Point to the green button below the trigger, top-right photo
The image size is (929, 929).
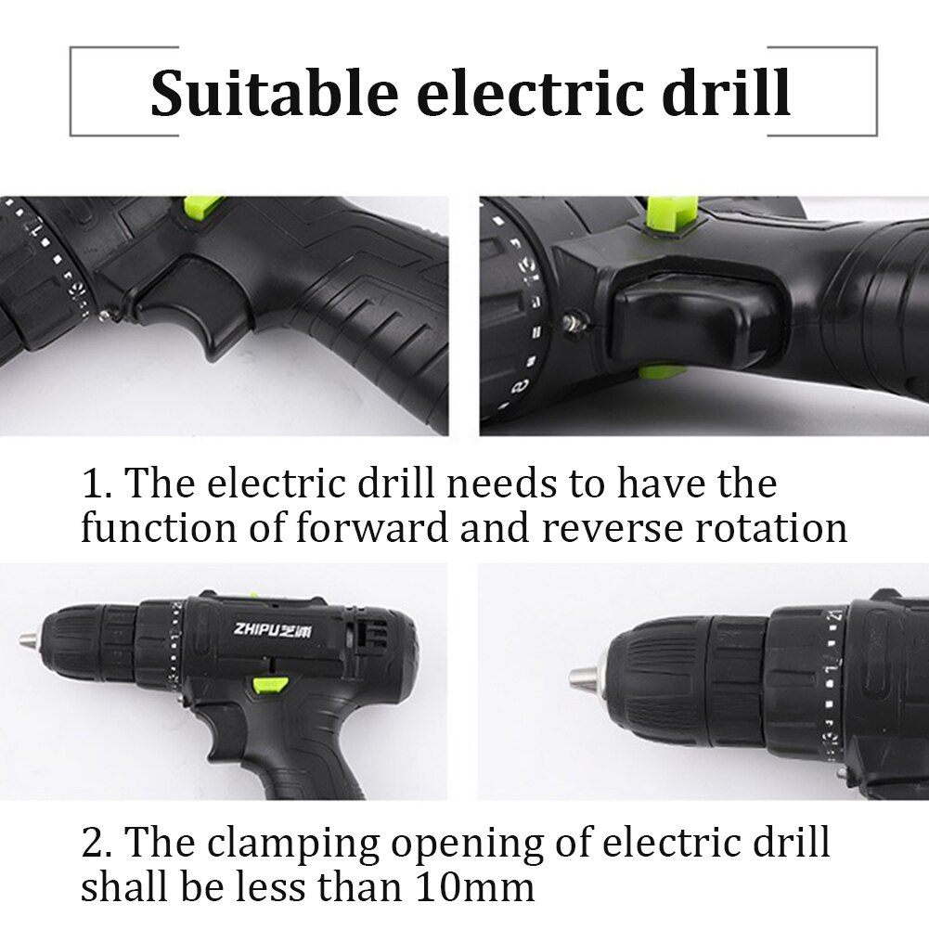tap(662, 372)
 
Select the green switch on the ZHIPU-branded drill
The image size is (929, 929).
tap(266, 686)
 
